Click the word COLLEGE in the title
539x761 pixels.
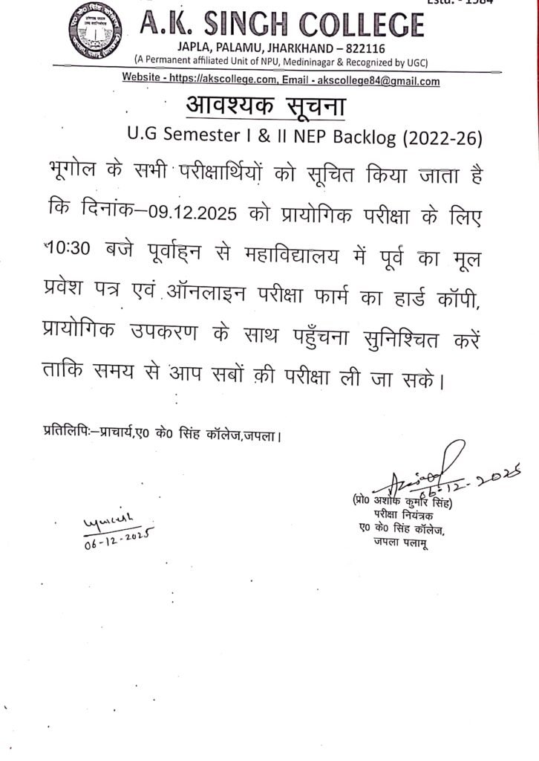353,26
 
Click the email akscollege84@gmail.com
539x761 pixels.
378,81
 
